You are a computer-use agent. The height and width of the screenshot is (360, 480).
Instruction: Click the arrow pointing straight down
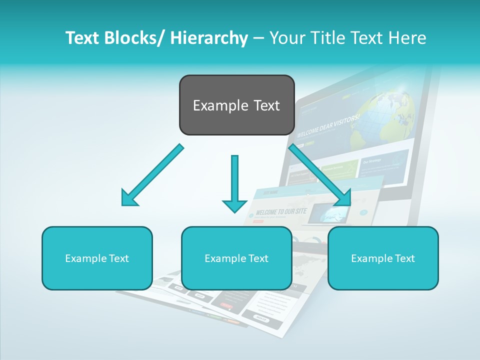click(x=234, y=182)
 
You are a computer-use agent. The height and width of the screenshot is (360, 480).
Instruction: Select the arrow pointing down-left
click(x=152, y=175)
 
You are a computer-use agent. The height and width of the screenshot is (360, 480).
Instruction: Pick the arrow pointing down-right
click(x=320, y=175)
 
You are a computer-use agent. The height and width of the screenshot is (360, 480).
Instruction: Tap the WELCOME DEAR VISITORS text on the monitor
click(x=328, y=126)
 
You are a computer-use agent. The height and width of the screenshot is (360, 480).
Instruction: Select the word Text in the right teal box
click(x=404, y=258)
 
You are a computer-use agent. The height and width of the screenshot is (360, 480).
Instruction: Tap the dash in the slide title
click(x=258, y=38)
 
